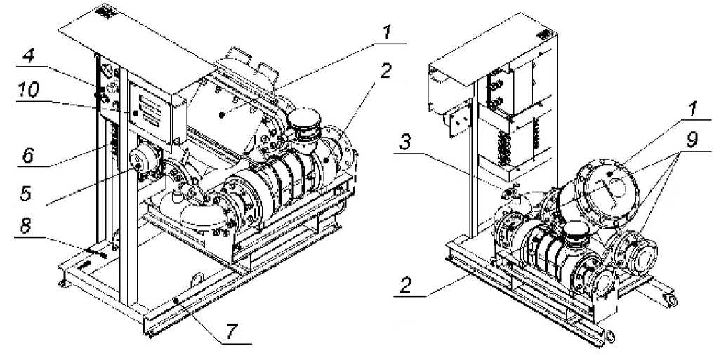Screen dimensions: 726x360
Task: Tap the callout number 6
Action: tap(28, 156)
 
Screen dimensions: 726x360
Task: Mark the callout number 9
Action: tap(692, 140)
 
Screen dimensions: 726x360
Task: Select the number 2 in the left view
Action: tap(386, 72)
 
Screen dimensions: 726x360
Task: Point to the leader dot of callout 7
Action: tap(176, 301)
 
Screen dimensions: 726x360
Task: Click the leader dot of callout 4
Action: tap(98, 95)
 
